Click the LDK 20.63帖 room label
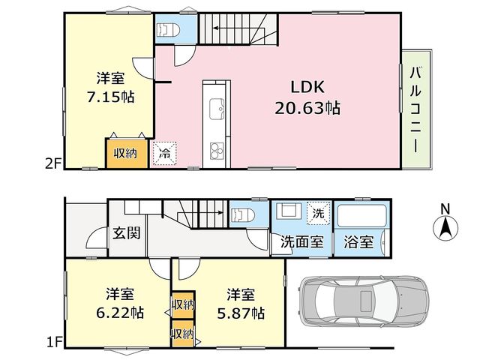[x=307, y=97]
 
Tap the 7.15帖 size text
[x=110, y=97]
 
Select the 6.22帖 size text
[x=120, y=313]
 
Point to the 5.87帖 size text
[x=241, y=313]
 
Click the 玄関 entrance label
[x=127, y=233]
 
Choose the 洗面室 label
[x=302, y=241]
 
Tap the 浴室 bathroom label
[x=358, y=241]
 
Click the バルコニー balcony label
[x=415, y=109]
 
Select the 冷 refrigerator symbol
[x=165, y=153]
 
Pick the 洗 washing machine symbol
[x=318, y=213]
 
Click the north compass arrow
[x=445, y=228]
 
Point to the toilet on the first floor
[x=243, y=215]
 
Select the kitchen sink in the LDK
[x=217, y=109]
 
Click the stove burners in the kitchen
[x=217, y=151]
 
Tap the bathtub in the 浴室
[x=361, y=216]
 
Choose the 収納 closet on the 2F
[x=127, y=153]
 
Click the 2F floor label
[x=54, y=165]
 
